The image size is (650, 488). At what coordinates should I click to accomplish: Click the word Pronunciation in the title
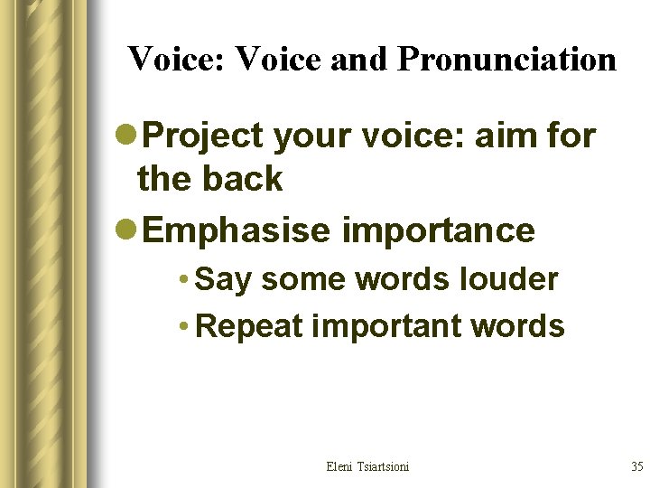[x=506, y=60]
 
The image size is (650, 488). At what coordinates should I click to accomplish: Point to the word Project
[x=204, y=136]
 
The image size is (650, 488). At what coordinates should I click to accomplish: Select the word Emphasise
[x=237, y=230]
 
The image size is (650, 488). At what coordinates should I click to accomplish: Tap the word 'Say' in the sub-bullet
[x=223, y=280]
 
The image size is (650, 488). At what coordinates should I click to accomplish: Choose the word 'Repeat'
[x=248, y=326]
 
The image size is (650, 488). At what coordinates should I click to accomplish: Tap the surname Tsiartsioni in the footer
[x=383, y=466]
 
